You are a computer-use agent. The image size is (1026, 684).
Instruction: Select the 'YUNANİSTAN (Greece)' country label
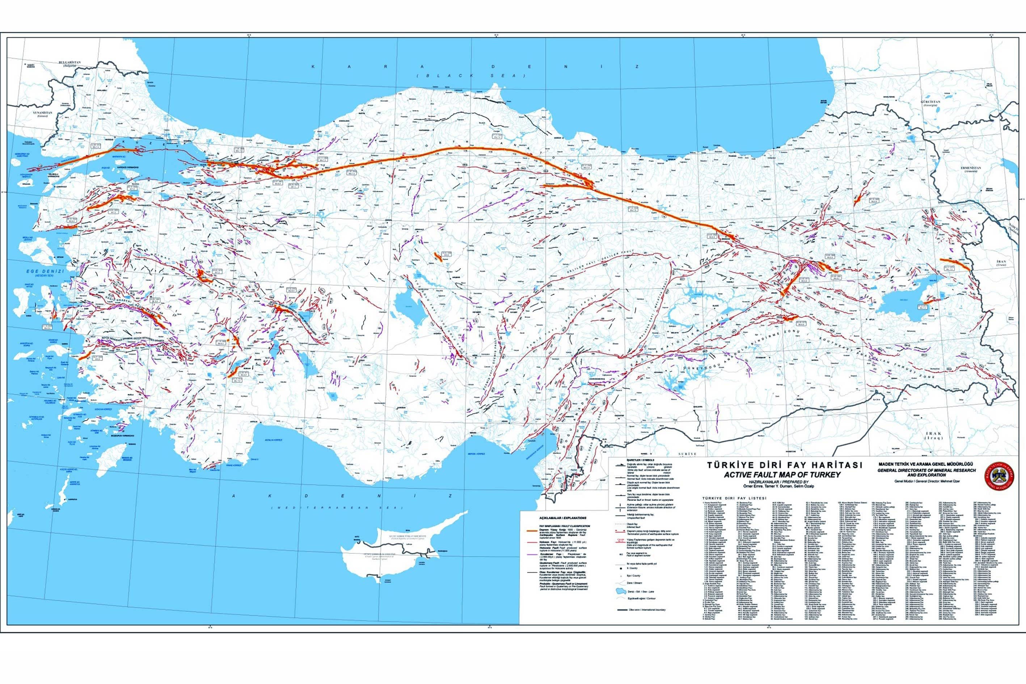point(42,114)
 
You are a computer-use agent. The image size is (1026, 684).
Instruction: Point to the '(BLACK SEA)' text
point(470,76)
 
